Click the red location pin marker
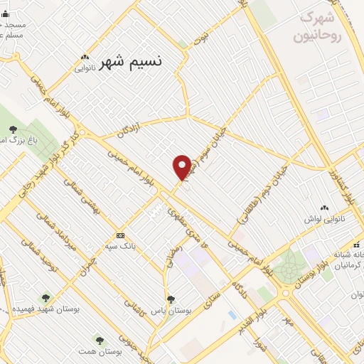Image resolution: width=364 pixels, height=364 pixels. click(x=182, y=168)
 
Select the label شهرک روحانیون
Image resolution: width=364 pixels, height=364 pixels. click(x=321, y=26)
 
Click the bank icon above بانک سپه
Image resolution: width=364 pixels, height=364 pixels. click(x=120, y=236)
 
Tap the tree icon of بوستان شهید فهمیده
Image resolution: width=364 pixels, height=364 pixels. click(x=46, y=299)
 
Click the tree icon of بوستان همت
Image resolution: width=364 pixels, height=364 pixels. click(x=100, y=340)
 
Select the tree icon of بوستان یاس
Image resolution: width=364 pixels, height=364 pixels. click(x=171, y=299)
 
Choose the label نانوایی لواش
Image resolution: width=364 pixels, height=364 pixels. click(x=324, y=218)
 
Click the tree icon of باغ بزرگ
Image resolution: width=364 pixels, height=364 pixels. click(x=14, y=129)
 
